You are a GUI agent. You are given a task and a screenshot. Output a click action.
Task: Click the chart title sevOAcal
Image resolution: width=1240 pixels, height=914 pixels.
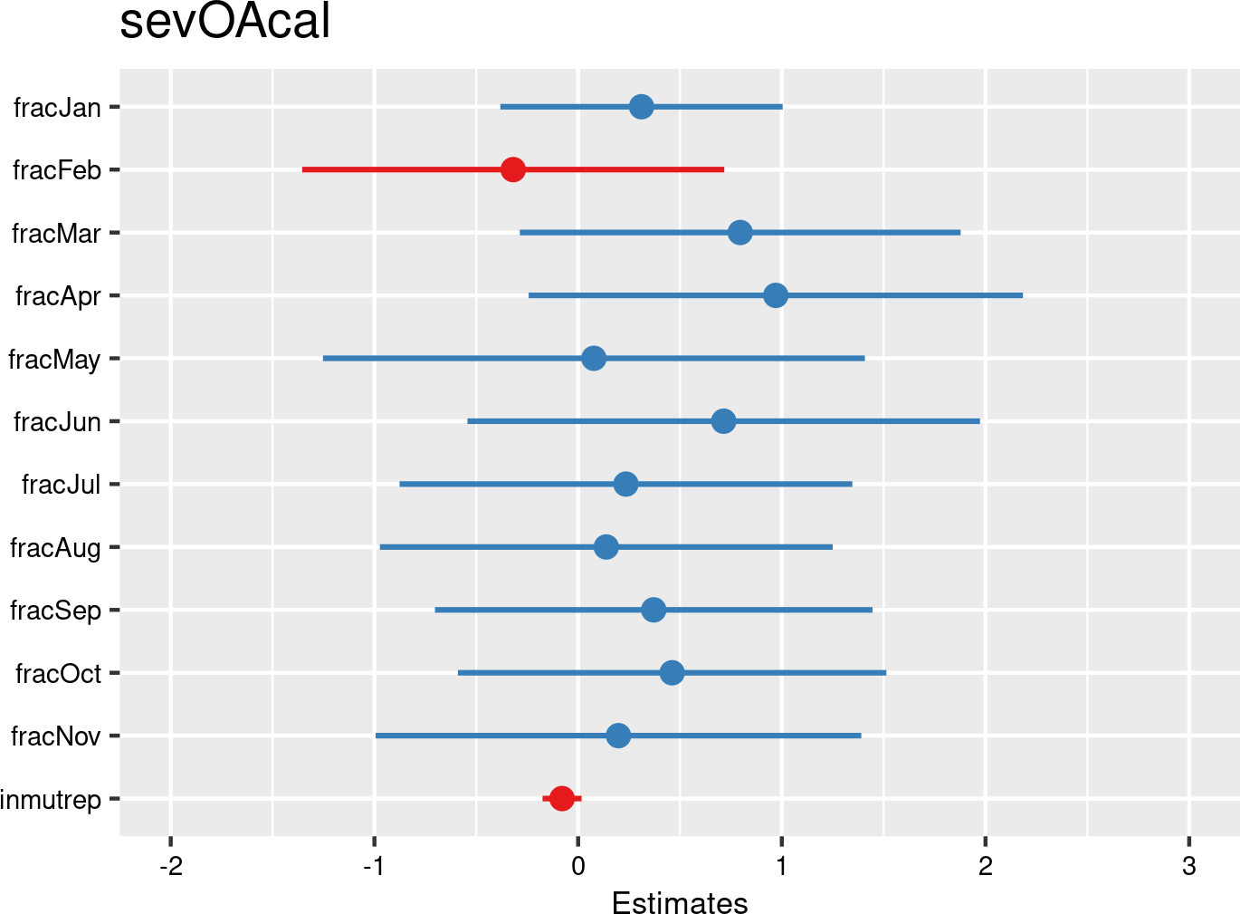tap(224, 23)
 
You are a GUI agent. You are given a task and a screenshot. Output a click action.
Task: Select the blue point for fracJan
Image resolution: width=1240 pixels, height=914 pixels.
tap(642, 107)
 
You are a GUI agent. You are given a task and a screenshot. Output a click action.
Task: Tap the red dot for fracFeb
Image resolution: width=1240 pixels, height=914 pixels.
tap(513, 169)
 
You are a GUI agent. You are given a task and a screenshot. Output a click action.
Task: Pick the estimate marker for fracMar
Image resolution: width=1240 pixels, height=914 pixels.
tap(740, 233)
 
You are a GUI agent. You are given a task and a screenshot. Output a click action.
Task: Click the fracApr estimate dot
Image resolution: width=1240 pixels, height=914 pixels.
tap(776, 295)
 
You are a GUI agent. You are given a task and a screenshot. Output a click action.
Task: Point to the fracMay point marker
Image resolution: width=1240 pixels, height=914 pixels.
tap(594, 359)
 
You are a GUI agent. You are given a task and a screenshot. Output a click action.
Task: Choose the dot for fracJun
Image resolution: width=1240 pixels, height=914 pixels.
tap(723, 421)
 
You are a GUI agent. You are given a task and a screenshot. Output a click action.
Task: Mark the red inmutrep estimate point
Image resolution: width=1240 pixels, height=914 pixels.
tap(562, 798)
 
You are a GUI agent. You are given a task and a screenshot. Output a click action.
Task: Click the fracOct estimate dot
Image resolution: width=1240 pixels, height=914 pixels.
tap(672, 673)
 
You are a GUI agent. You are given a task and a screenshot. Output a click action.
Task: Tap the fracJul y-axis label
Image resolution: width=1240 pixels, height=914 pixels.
tap(62, 485)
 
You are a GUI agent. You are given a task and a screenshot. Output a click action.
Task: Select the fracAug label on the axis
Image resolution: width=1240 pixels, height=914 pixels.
tap(55, 548)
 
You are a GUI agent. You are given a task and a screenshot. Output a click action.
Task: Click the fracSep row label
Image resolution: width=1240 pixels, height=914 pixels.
tap(55, 611)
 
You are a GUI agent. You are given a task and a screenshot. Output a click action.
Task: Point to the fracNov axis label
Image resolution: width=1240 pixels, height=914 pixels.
tap(55, 736)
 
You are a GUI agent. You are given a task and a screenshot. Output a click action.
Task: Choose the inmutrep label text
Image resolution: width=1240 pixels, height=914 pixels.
tap(51, 799)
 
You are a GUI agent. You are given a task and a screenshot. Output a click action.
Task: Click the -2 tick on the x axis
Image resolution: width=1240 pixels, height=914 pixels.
tap(170, 867)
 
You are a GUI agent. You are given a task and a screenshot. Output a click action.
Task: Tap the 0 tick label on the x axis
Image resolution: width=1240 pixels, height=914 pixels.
tap(578, 867)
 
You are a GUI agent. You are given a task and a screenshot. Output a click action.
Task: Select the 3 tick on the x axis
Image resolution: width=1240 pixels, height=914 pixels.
tap(1189, 867)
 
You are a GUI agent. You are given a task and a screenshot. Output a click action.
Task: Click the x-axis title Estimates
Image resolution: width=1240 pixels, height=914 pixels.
tap(680, 903)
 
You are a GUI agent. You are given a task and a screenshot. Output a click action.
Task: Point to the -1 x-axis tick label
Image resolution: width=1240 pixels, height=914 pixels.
tap(374, 867)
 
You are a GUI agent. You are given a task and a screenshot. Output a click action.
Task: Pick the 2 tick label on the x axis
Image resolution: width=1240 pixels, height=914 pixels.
tap(986, 867)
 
